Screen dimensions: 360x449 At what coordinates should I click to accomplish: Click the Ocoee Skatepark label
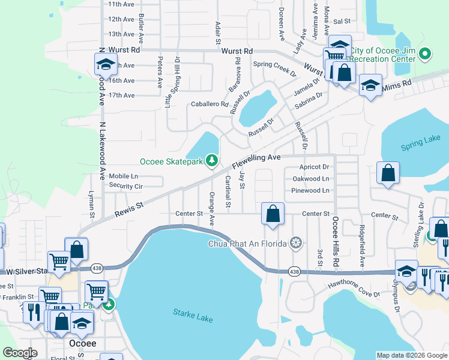pos(170,161)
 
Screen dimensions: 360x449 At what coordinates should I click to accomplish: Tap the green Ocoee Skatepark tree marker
pos(211,160)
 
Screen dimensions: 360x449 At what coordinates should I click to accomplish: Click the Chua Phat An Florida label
pos(247,243)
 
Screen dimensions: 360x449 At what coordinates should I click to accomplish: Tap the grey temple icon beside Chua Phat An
pos(295,243)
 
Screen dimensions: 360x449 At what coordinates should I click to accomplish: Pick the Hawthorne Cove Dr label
pos(354,290)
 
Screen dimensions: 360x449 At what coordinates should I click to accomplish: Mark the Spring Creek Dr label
pos(275,64)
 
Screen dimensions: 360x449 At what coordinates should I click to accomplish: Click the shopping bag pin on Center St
pos(273,214)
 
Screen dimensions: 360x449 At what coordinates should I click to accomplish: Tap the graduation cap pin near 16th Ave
pos(106,64)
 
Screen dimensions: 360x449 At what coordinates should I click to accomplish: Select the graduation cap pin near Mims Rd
pos(370,85)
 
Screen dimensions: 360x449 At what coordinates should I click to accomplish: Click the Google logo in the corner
pos(21,353)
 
